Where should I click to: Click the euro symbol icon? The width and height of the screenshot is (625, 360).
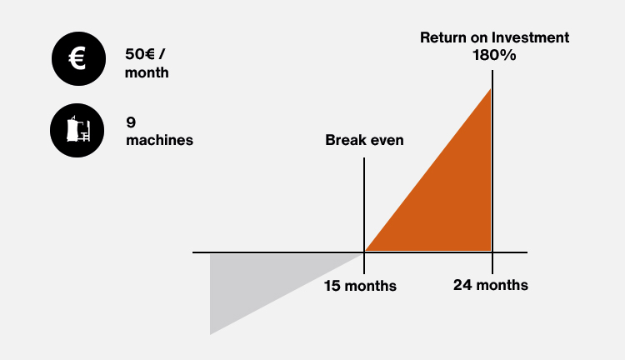(x=78, y=58)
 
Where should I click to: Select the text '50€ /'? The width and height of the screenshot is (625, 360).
(x=145, y=54)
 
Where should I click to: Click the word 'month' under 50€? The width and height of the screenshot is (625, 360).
(x=147, y=72)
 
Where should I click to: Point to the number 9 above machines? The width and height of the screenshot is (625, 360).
(x=131, y=122)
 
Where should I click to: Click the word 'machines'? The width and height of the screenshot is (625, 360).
(x=159, y=140)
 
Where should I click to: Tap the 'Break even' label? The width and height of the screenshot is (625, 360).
(x=364, y=140)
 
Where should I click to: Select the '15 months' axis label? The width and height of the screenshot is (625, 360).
(x=360, y=286)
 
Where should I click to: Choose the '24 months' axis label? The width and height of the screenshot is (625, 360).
(x=491, y=285)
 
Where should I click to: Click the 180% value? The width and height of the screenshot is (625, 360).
(x=494, y=55)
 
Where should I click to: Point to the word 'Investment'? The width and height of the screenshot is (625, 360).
(x=530, y=37)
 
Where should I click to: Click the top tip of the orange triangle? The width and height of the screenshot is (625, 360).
(x=491, y=88)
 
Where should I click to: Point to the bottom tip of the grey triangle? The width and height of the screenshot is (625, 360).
(x=211, y=334)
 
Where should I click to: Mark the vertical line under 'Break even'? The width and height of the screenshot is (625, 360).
(x=364, y=216)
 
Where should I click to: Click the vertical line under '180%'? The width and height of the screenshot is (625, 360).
(x=492, y=172)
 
